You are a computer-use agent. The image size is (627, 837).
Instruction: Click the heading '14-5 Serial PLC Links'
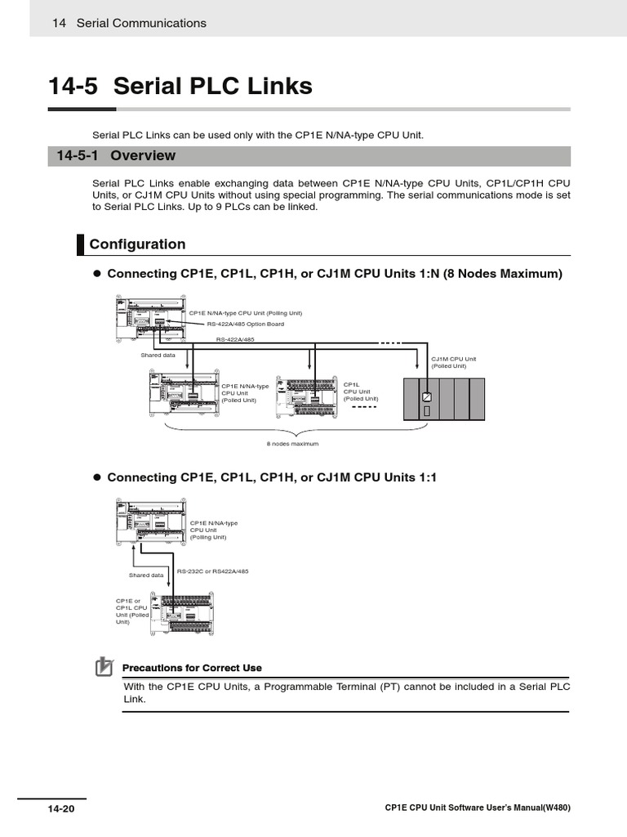[x=180, y=86]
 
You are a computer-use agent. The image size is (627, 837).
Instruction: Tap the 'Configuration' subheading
[x=137, y=244]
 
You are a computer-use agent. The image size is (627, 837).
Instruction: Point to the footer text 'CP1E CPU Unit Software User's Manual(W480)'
[x=477, y=808]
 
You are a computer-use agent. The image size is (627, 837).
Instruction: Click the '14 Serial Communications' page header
[x=129, y=24]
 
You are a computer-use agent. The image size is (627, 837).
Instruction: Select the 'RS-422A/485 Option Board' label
[x=239, y=324]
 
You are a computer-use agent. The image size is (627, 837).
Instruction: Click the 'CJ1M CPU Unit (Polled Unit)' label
[x=453, y=362]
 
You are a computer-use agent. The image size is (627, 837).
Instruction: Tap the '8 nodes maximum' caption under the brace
[x=292, y=443]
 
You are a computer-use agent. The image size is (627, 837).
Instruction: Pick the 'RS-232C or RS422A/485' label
[x=212, y=571]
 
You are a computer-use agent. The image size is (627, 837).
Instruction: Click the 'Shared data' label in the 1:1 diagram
[x=146, y=575]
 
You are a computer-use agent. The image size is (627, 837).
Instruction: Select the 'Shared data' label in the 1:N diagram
[x=158, y=355]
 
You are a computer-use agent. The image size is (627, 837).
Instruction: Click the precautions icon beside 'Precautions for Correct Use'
[x=104, y=667]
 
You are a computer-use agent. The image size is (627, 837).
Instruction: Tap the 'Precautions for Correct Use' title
[x=192, y=668]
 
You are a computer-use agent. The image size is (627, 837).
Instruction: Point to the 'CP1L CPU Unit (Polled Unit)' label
[x=360, y=392]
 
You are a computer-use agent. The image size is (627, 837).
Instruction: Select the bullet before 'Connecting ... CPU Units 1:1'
[x=96, y=477]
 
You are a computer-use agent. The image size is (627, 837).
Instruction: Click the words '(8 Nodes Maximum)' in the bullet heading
[x=503, y=274]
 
